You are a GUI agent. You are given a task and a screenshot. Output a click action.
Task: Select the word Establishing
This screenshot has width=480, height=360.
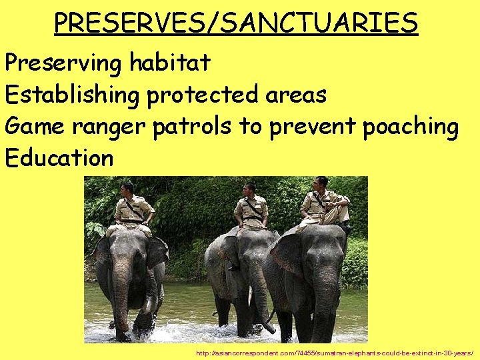72,95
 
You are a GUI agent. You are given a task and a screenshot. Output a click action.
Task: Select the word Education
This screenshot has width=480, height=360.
59,158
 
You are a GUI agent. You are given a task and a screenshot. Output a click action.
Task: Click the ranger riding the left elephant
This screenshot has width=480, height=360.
133,207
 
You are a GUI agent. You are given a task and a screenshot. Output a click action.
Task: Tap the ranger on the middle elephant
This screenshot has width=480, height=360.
251,207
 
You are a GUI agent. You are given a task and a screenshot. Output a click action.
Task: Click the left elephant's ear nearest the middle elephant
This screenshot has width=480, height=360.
157,253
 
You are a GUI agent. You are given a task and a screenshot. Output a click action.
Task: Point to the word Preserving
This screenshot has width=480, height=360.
64,63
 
